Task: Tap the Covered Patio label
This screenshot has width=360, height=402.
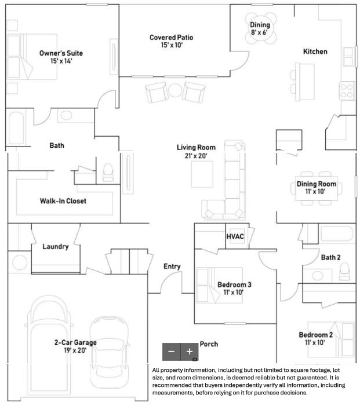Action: [171, 38]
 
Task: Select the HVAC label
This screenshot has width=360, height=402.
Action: [235, 236]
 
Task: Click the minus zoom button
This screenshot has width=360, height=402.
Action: [171, 351]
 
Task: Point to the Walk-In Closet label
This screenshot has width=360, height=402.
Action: [63, 201]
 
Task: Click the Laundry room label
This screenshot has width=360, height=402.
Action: [56, 246]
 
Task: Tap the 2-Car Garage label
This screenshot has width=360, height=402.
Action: [72, 342]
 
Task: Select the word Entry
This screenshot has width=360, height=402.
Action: [172, 266]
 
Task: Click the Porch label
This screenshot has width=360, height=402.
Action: [209, 344]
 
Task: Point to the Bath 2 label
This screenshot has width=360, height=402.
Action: [330, 257]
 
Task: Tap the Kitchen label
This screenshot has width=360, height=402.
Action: [315, 52]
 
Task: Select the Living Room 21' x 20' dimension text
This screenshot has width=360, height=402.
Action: [192, 155]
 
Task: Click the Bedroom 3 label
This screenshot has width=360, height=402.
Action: [234, 284]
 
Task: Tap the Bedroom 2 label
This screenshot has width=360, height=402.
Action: [315, 335]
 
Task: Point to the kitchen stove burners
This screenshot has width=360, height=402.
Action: [347, 90]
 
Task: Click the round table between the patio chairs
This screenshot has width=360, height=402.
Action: [175, 90]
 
